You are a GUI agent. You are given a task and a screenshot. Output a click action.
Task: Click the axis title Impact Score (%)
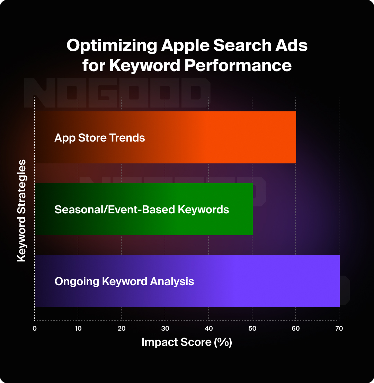[x=187, y=342]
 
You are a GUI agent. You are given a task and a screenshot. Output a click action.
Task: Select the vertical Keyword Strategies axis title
[x=22, y=211]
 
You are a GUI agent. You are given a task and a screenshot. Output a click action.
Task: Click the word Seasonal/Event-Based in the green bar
[x=112, y=210]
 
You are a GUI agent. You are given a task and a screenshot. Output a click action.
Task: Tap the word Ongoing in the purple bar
[x=77, y=281]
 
